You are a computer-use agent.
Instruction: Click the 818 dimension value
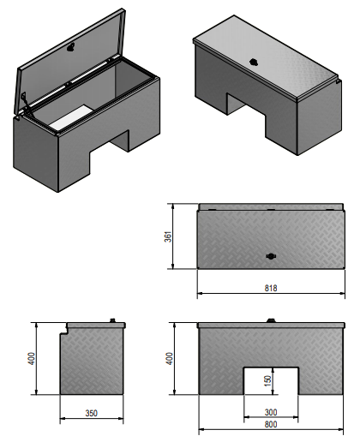270,288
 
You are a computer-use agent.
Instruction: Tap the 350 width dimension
92,414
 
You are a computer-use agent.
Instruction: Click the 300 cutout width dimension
270,410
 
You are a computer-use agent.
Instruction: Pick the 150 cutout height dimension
267,379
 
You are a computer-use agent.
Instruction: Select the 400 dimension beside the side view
33,358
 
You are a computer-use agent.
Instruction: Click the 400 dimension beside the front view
169,358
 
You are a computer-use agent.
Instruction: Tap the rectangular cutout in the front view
271,380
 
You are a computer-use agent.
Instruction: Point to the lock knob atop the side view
112,322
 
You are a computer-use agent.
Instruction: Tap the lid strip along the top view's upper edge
270,206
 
